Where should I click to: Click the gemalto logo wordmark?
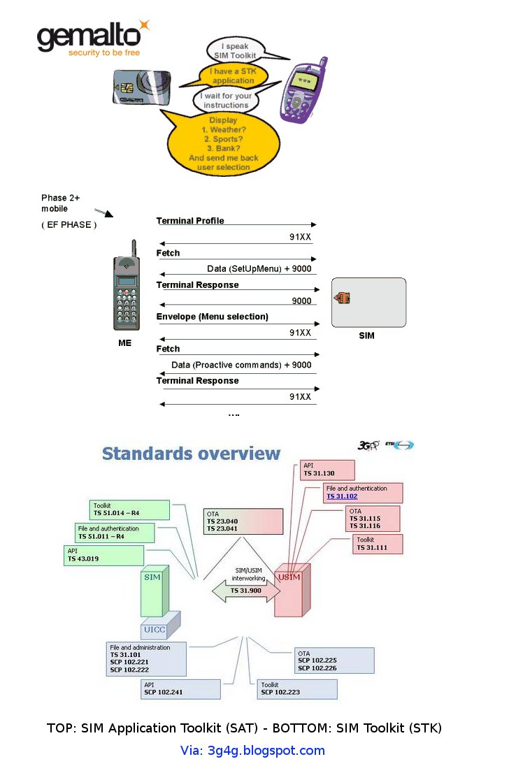(x=88, y=38)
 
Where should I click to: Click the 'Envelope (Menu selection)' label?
(x=212, y=317)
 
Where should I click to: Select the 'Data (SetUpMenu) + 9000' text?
(x=259, y=269)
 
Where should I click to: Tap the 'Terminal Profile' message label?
(x=190, y=221)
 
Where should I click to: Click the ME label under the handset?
(x=124, y=343)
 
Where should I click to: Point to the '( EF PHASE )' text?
(x=69, y=225)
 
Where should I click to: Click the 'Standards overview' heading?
(x=191, y=454)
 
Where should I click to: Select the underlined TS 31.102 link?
(x=342, y=496)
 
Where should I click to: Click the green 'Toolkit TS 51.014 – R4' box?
(x=129, y=510)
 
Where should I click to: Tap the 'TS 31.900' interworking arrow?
(x=245, y=591)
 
